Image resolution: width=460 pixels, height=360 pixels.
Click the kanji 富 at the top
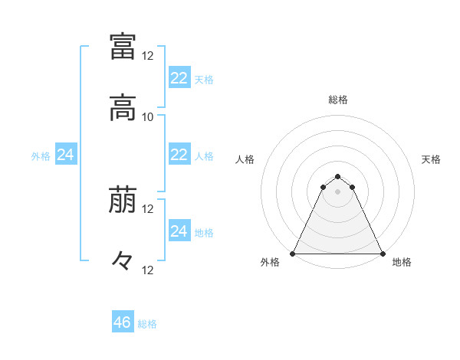tap(123, 46)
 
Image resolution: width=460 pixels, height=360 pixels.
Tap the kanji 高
tap(123, 110)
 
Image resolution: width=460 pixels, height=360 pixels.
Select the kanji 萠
tap(123, 201)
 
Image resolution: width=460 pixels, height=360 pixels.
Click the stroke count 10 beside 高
tap(148, 116)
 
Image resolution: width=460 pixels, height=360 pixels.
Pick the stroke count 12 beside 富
tap(148, 55)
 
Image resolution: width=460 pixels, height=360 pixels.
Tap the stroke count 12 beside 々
tap(148, 270)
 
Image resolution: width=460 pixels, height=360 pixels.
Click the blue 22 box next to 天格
tap(179, 77)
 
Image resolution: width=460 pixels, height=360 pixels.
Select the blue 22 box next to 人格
tap(179, 155)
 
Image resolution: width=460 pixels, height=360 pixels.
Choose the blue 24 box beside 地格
tap(179, 231)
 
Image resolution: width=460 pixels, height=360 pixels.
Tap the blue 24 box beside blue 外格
tap(65, 155)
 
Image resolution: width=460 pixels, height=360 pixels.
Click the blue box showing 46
tap(123, 322)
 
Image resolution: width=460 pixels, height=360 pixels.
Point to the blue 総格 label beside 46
tap(148, 324)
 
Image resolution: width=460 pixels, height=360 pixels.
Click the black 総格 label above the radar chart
tap(338, 100)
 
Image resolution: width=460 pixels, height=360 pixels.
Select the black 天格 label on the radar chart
tap(432, 159)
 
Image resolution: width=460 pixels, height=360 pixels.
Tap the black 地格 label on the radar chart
tap(402, 262)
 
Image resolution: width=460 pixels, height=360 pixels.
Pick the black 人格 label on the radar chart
tap(245, 159)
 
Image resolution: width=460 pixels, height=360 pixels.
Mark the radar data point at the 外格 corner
tap(293, 253)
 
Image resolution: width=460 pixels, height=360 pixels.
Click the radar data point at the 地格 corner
tap(383, 253)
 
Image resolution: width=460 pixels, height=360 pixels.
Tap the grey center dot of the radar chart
tap(338, 191)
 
